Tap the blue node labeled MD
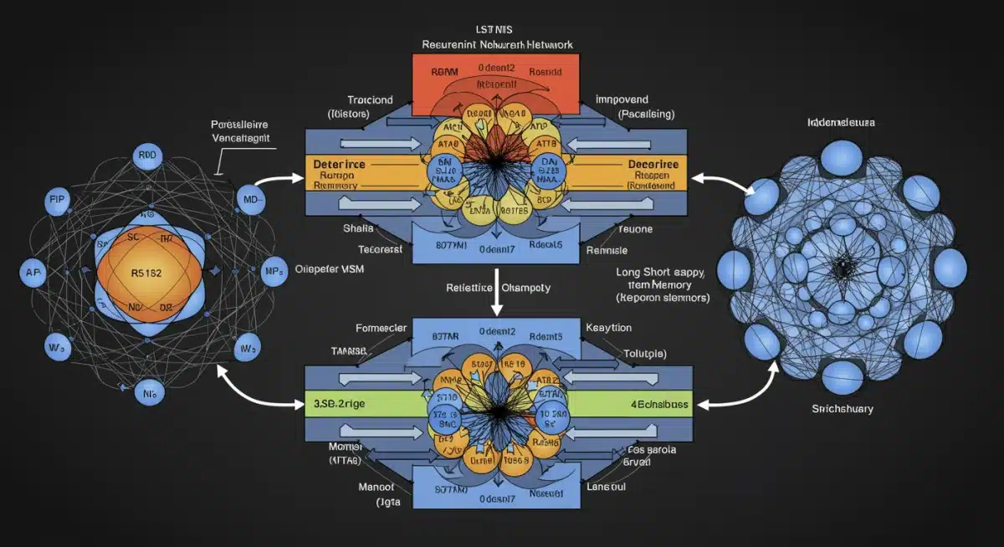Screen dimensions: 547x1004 tap(249, 201)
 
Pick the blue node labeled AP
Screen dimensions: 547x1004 tap(32, 273)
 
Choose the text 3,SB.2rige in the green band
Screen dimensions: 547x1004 tap(340, 403)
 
